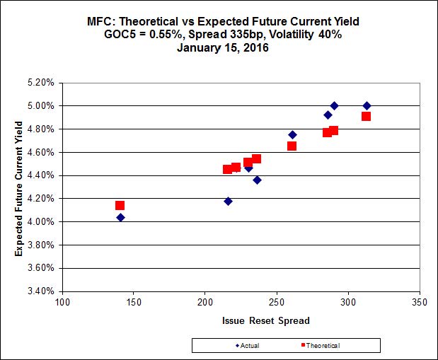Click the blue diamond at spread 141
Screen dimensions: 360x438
(120, 217)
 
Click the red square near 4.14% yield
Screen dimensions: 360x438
(120, 206)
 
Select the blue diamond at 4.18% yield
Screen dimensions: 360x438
(228, 201)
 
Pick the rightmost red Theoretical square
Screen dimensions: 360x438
(366, 116)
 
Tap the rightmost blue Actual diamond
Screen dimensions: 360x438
(367, 106)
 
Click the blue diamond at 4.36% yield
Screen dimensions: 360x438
(257, 180)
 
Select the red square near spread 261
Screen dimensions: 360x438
(292, 146)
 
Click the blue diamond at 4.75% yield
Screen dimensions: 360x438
(292, 134)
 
